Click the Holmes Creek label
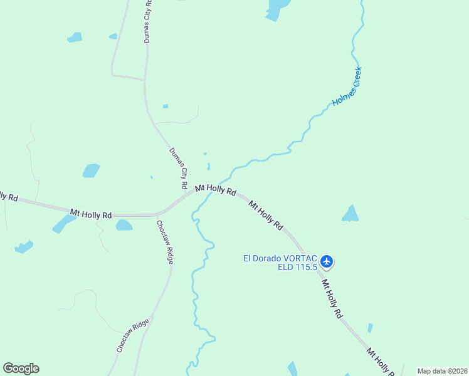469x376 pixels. pyautogui.click(x=347, y=86)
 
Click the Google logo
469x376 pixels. pyautogui.click(x=21, y=368)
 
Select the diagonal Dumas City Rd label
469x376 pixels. pyautogui.click(x=178, y=169)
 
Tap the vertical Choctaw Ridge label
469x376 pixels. pyautogui.click(x=165, y=242)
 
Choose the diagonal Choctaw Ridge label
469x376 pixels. pyautogui.click(x=133, y=335)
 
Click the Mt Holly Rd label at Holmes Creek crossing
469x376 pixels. pyautogui.click(x=215, y=189)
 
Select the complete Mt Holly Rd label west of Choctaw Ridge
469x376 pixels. pyautogui.click(x=91, y=214)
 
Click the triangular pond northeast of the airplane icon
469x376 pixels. pyautogui.click(x=350, y=214)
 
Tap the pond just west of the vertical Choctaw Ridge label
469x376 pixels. pyautogui.click(x=124, y=225)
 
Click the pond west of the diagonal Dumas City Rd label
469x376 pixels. pyautogui.click(x=91, y=170)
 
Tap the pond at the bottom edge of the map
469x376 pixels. pyautogui.click(x=292, y=369)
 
